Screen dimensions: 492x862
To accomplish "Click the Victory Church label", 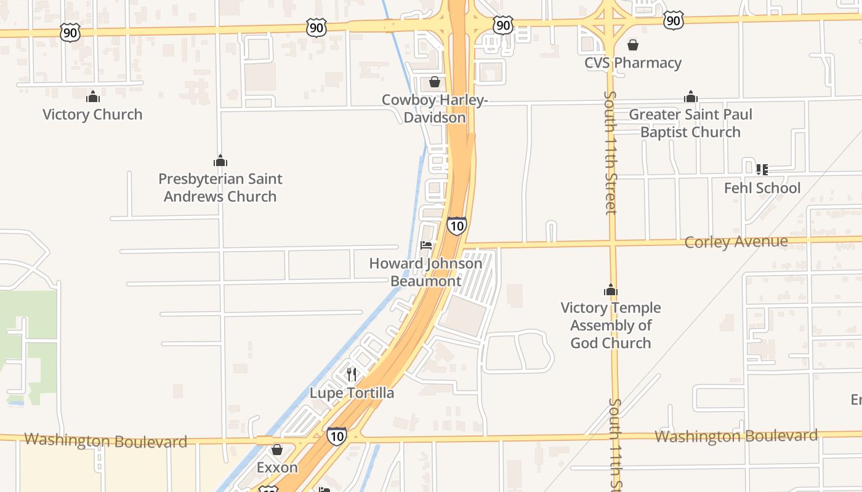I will click(x=92, y=114).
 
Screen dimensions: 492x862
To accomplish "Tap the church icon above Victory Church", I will click(x=93, y=97).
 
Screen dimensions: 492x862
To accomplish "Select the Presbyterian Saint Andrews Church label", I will click(x=220, y=188).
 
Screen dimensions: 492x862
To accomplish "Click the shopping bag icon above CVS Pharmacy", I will click(x=632, y=45).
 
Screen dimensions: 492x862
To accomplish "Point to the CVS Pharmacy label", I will click(x=632, y=63).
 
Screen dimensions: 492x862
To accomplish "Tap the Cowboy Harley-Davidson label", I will click(x=435, y=108).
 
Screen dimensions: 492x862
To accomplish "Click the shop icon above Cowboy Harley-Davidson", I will click(x=435, y=82).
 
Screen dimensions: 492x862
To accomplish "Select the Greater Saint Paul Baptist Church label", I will click(x=690, y=123).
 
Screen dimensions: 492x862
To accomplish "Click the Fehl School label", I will click(x=762, y=188).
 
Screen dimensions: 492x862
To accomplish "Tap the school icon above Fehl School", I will click(x=762, y=169).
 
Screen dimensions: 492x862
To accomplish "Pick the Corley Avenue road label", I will click(x=736, y=242).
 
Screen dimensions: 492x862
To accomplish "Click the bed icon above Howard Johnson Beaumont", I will click(x=425, y=245).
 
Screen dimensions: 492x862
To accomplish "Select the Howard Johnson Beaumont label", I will click(x=425, y=272).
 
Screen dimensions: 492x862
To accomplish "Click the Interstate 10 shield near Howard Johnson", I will click(x=456, y=226).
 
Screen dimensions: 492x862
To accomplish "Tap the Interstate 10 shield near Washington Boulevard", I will click(x=336, y=436).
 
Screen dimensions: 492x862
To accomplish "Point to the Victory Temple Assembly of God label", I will click(x=610, y=325).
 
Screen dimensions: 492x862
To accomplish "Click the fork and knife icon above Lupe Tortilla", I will click(x=352, y=374).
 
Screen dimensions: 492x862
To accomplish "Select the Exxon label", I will click(x=277, y=467).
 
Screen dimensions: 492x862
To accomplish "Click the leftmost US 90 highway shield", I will click(x=70, y=33).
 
